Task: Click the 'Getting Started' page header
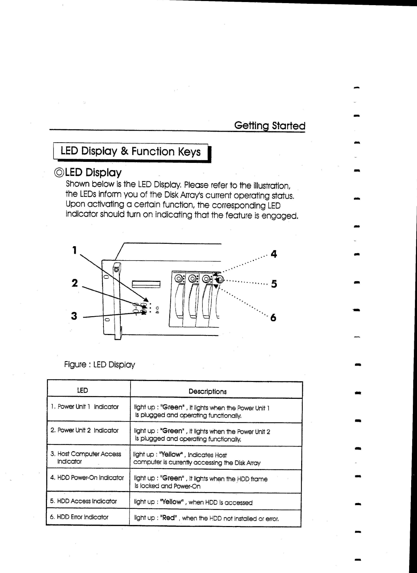[269, 126]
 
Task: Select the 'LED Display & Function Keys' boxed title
[131, 151]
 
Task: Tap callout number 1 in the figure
[74, 250]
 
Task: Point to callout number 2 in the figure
[74, 283]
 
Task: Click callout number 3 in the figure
[74, 316]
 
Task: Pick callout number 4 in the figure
[273, 254]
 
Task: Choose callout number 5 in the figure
[274, 284]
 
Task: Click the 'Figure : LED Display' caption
[100, 365]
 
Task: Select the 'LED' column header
[82, 390]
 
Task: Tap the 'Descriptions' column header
[208, 392]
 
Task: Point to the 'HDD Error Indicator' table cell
[79, 517]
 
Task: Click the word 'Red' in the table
[168, 518]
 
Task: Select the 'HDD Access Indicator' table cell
[83, 501]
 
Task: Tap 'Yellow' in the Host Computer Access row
[171, 455]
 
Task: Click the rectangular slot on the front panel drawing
[146, 284]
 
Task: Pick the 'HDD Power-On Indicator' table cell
[87, 478]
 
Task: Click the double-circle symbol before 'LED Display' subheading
[59, 173]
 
